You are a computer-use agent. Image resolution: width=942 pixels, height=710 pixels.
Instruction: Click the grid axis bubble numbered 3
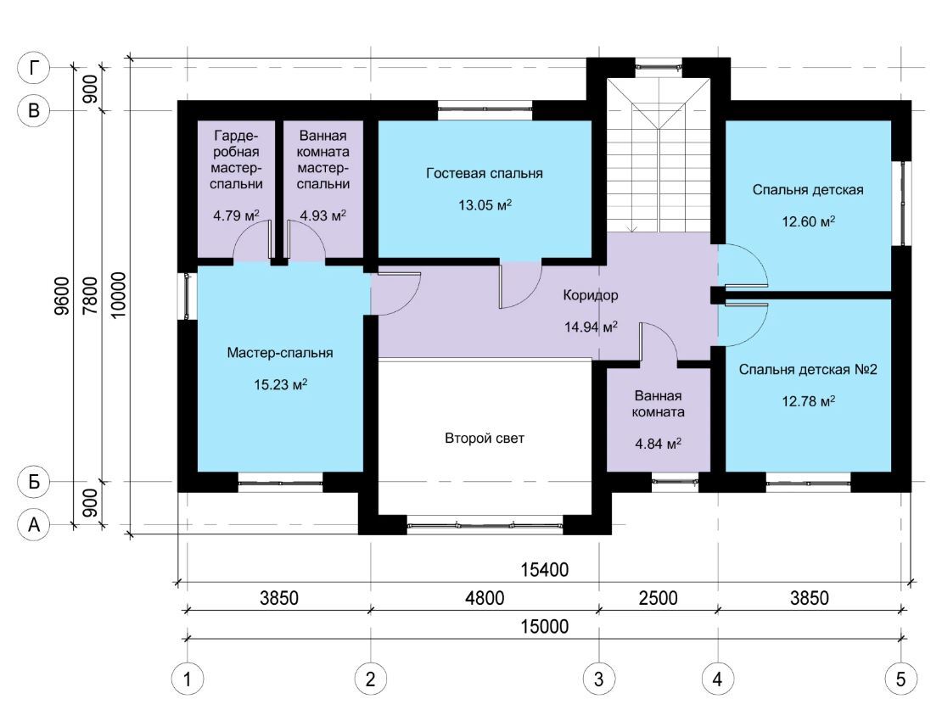click(598, 679)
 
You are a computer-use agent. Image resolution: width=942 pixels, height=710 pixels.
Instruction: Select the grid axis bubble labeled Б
click(34, 481)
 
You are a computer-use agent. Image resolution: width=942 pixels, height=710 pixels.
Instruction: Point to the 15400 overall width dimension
click(544, 569)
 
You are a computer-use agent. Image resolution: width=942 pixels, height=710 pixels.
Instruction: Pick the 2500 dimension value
click(658, 598)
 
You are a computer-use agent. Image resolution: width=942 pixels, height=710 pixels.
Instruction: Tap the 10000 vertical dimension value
click(119, 295)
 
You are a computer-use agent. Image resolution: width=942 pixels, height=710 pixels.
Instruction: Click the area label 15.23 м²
click(281, 384)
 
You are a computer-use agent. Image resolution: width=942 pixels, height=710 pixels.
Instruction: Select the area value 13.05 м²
click(485, 204)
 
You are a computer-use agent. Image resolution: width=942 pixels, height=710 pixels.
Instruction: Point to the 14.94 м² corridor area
click(592, 327)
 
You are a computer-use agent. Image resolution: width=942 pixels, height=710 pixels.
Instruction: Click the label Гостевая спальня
click(485, 173)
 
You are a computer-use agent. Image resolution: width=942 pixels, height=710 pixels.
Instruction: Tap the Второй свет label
click(485, 438)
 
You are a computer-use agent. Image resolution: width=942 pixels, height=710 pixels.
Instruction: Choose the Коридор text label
click(591, 295)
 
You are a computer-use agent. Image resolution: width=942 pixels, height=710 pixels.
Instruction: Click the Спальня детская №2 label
click(807, 369)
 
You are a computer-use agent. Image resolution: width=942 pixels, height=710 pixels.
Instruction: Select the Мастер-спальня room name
click(280, 353)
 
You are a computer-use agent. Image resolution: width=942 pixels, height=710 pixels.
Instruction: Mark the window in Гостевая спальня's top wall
click(485, 109)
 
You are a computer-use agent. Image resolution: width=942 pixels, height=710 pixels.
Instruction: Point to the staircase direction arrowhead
click(631, 229)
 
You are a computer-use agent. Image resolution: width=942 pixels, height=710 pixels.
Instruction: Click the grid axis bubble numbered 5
click(900, 679)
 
